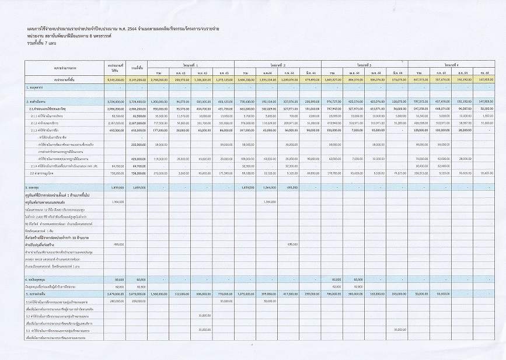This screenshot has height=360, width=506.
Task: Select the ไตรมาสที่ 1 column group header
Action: pyautogui.click(x=192, y=65)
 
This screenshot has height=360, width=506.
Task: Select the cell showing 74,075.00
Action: pyautogui.click(x=396, y=173)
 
